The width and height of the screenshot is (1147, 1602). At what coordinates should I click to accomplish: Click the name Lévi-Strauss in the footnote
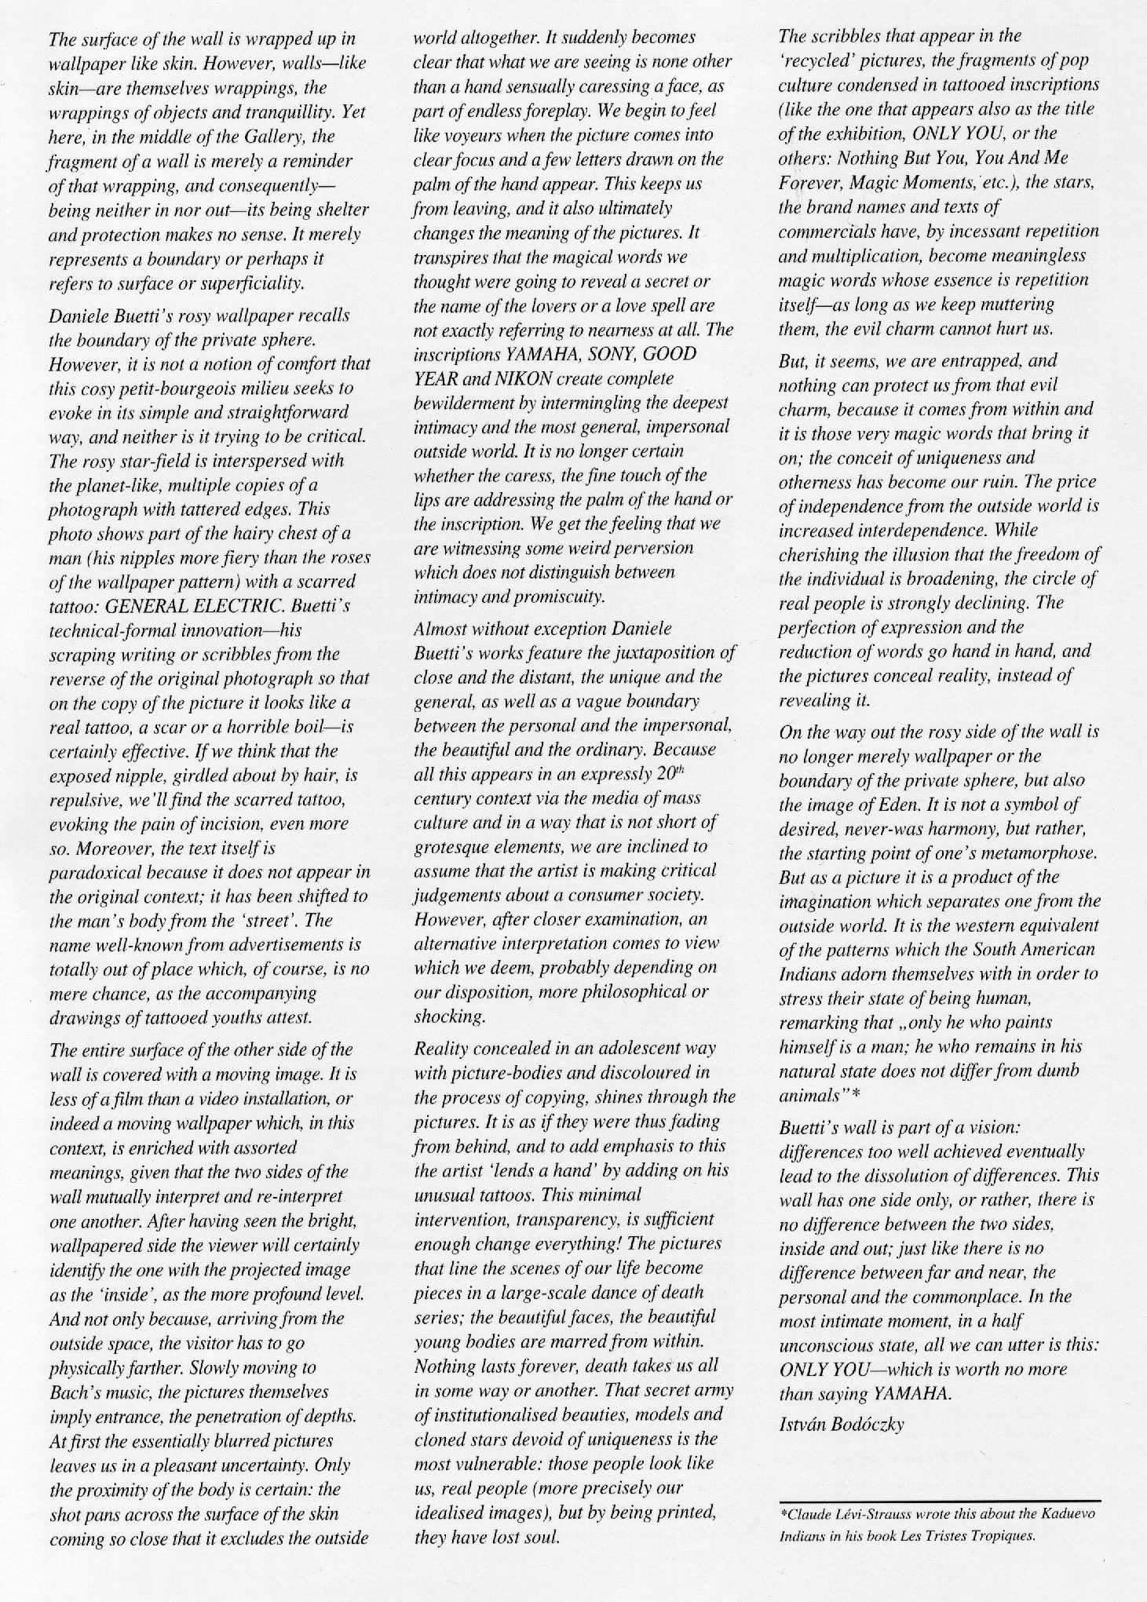[863, 1513]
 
